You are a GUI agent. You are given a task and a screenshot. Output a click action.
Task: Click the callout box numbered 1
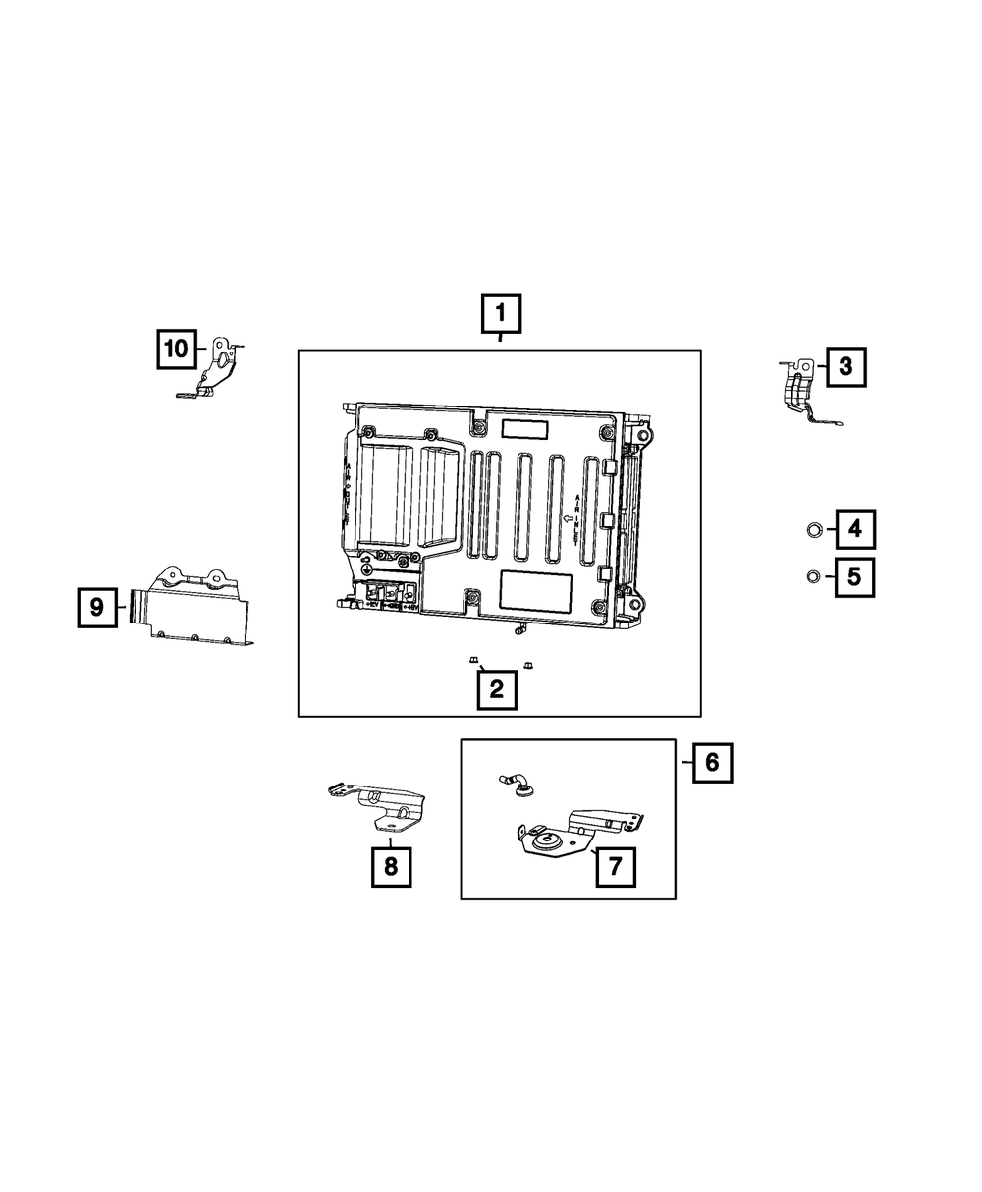[x=501, y=314]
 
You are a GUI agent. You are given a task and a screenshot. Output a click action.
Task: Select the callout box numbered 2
[x=497, y=688]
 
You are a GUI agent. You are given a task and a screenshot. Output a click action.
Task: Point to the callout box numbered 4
[x=854, y=530]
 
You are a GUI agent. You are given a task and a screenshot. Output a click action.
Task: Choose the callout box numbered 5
[x=854, y=576]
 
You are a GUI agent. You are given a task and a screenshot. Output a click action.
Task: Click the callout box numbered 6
[x=712, y=761]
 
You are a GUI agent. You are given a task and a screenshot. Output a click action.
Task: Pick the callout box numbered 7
[x=616, y=865]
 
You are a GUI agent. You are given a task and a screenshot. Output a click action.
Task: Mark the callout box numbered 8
[x=391, y=866]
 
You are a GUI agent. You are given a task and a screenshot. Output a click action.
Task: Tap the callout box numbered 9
[x=97, y=607]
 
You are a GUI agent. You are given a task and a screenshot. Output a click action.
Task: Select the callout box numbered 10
[x=176, y=348]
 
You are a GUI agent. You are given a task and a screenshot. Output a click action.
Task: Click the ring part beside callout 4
[x=814, y=531]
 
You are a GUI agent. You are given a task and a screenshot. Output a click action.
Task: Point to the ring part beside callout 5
[x=813, y=576]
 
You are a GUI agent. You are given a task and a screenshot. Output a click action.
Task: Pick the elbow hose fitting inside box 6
[x=518, y=783]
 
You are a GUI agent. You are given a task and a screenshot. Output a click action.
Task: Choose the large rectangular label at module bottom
[x=535, y=591]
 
